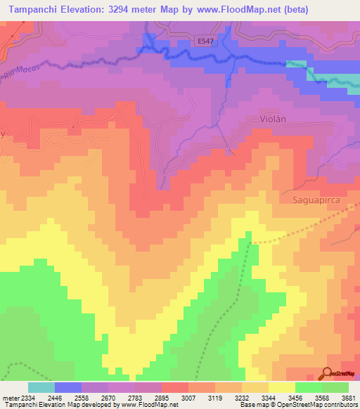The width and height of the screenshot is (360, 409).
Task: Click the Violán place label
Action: tap(274, 119)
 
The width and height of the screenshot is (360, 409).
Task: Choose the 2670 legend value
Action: tap(108, 397)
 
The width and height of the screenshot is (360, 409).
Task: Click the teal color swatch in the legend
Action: tap(41, 387)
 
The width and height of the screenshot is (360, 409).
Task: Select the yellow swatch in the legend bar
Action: tap(281, 387)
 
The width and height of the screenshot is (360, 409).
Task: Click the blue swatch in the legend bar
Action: tap(67, 387)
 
